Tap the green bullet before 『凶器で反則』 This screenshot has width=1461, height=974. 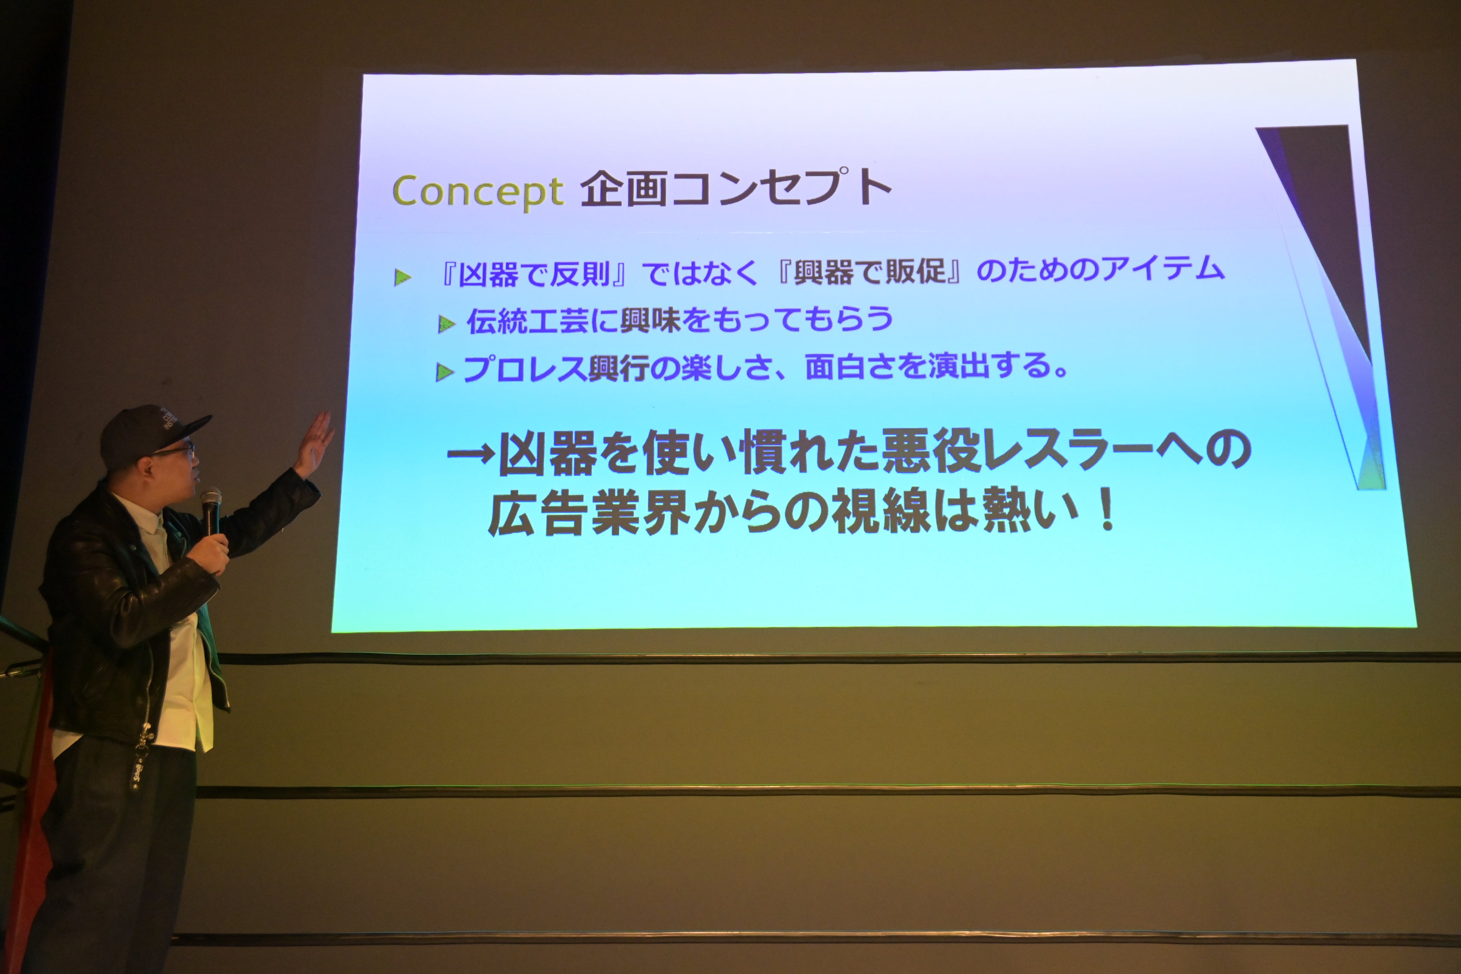[402, 278]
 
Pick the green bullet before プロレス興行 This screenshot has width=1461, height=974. [444, 372]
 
